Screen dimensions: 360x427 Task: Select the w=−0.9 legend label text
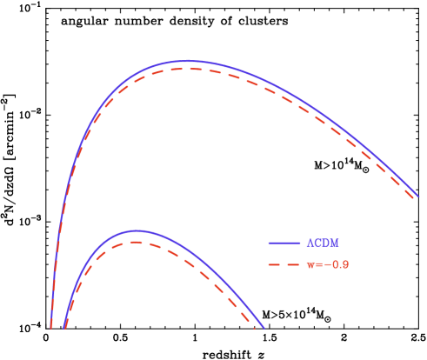[x=328, y=264]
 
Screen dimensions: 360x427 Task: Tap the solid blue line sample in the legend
[x=284, y=243]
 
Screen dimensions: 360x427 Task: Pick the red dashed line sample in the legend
[x=284, y=264]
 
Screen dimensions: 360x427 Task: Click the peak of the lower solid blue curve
[x=137, y=230]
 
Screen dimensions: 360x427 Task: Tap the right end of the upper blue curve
[x=418, y=196]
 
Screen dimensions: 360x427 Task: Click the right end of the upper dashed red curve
[x=416, y=200]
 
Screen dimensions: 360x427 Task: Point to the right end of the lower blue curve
[x=263, y=329]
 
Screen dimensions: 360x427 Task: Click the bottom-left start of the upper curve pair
[x=51, y=328]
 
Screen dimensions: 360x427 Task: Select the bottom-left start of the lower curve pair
[x=64, y=328]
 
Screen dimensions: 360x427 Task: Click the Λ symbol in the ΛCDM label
[x=310, y=243]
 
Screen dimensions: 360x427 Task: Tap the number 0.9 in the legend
[x=341, y=264]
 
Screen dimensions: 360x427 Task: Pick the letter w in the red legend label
[x=310, y=264]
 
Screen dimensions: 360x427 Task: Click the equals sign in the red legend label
[x=319, y=264]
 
